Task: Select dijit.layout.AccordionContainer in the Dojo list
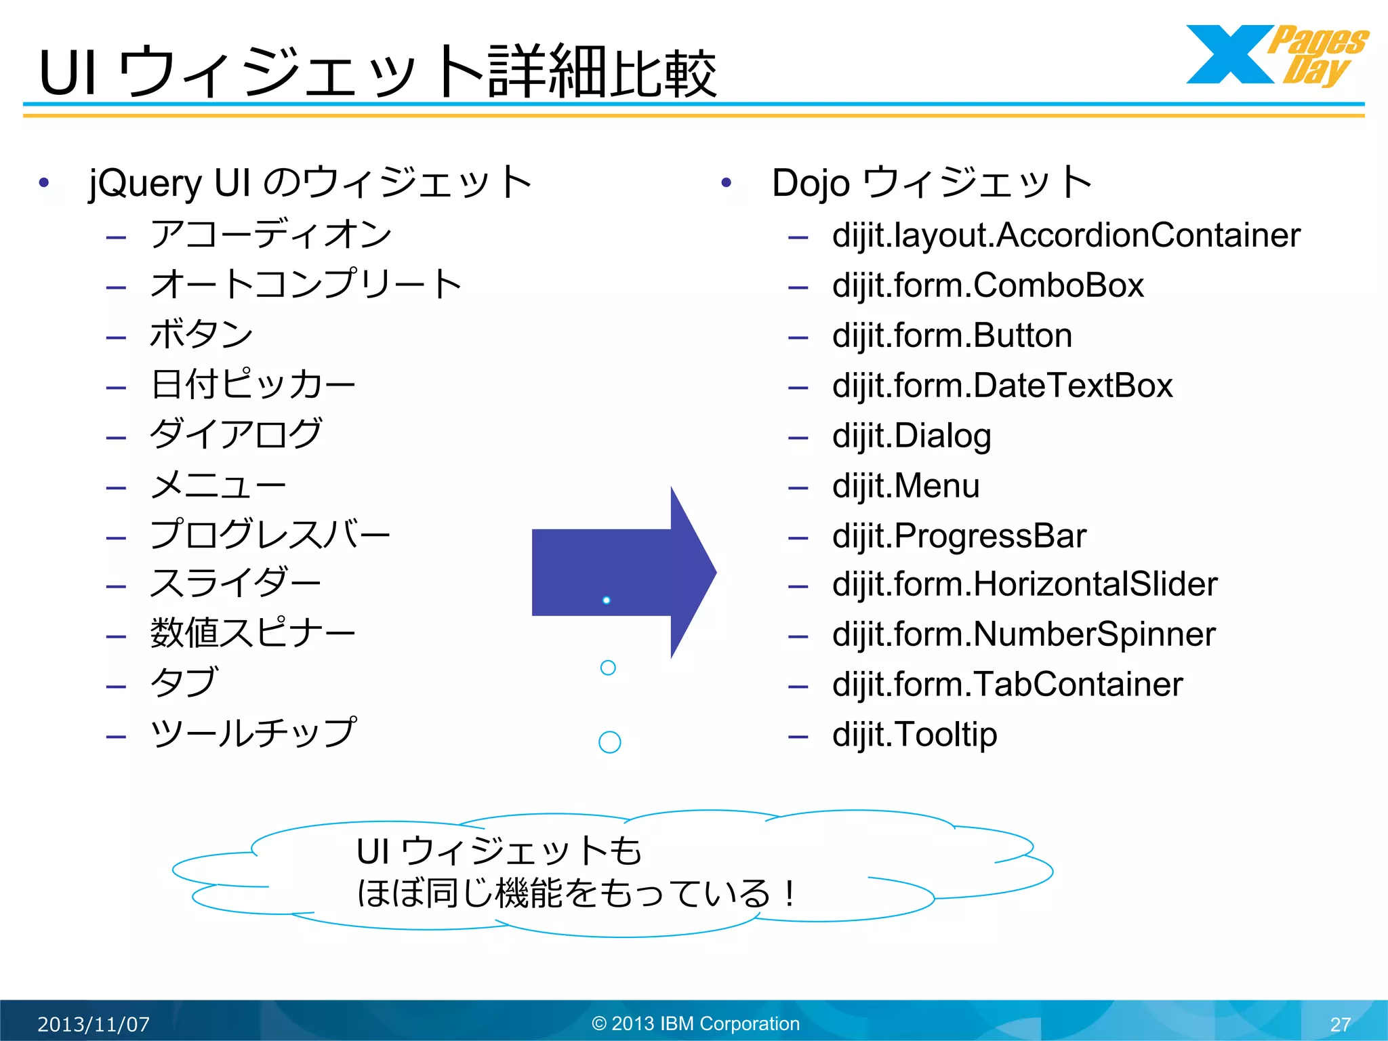click(x=1065, y=235)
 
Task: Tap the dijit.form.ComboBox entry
click(x=987, y=285)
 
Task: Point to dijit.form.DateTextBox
click(x=1002, y=386)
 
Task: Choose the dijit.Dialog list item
click(x=911, y=436)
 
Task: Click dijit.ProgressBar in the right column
click(x=958, y=536)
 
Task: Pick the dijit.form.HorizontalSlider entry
click(x=1024, y=584)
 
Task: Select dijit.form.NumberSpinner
click(x=1023, y=634)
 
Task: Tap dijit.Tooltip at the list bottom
click(x=914, y=735)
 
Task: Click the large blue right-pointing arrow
click(x=624, y=573)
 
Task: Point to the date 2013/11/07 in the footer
click(x=94, y=1023)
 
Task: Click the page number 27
click(x=1340, y=1024)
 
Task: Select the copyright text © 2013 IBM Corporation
click(x=695, y=1023)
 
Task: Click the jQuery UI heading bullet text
click(x=310, y=183)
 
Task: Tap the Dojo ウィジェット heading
click(x=931, y=183)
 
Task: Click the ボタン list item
click(x=201, y=335)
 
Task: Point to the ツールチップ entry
click(x=253, y=733)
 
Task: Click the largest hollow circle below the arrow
click(x=610, y=742)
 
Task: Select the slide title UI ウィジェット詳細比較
click(x=377, y=72)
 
